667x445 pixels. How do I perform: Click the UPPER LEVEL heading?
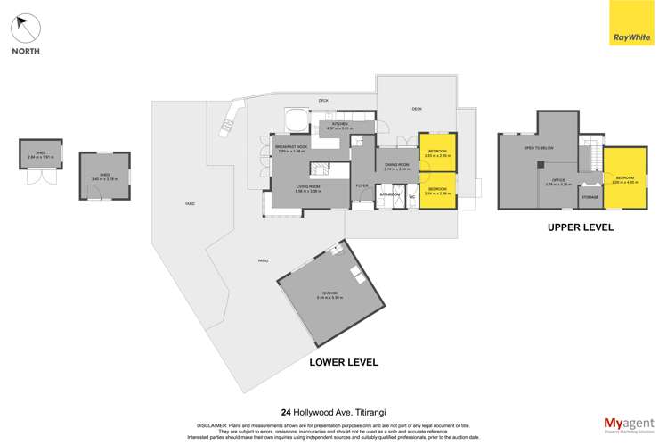click(581, 227)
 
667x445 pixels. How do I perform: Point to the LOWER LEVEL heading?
click(344, 362)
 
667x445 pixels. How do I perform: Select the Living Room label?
click(308, 187)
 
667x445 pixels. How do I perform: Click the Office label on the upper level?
click(558, 182)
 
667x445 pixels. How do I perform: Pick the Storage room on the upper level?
click(590, 196)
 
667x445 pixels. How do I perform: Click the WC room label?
click(412, 196)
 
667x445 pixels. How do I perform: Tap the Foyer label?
click(362, 185)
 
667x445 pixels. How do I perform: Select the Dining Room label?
click(396, 166)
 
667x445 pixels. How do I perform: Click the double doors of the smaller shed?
click(39, 176)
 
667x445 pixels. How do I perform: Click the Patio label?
click(263, 260)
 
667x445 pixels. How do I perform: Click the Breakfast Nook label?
click(291, 148)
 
